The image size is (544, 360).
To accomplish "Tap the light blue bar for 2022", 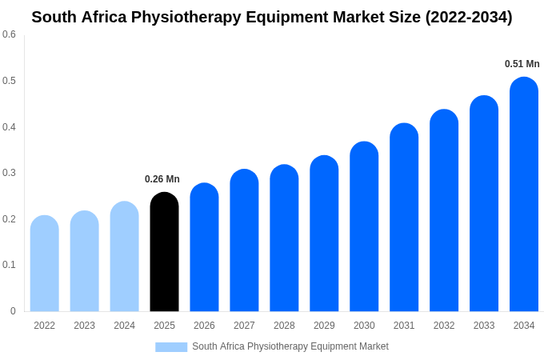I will tap(45, 263).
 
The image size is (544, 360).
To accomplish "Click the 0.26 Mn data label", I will tap(162, 179).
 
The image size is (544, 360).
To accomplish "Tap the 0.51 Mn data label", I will tap(522, 64).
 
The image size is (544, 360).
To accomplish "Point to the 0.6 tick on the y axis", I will tap(9, 34).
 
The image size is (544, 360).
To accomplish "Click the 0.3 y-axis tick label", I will tap(9, 173).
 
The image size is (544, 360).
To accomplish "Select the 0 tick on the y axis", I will tap(13, 311).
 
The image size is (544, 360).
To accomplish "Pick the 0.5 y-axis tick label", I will tap(9, 81).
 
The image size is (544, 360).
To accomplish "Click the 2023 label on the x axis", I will tap(84, 326).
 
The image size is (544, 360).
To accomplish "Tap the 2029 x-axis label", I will tap(324, 326).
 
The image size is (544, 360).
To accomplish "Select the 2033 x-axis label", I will tap(484, 326).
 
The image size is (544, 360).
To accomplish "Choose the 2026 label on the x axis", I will tap(204, 326).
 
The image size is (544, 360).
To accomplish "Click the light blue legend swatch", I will tap(171, 347).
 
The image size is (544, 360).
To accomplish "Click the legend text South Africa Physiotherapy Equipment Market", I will tap(290, 346).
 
